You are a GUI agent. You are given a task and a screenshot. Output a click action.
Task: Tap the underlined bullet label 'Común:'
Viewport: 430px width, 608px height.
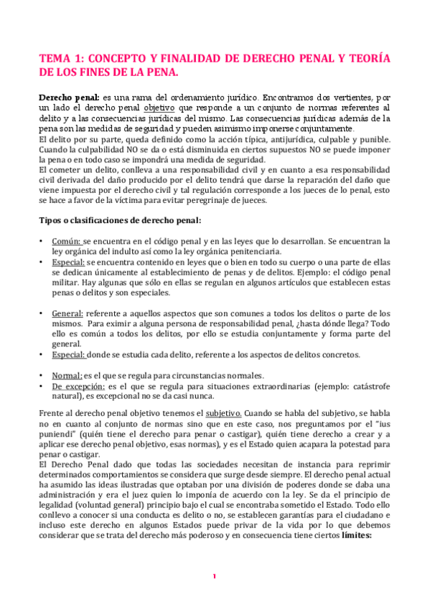tap(66, 242)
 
